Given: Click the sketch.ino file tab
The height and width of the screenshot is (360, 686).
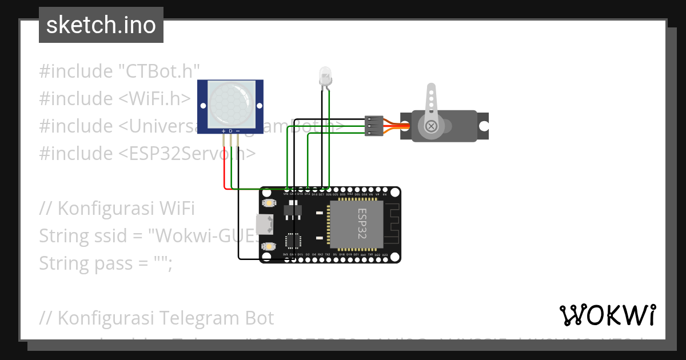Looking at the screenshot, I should point(101,25).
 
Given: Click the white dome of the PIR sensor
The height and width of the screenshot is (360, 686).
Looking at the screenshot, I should point(230,103).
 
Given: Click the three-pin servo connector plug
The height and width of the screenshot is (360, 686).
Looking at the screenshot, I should point(373,126).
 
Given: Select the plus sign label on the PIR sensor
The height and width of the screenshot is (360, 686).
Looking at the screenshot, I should point(224,131).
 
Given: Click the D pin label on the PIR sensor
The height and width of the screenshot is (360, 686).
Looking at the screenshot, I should point(230,131).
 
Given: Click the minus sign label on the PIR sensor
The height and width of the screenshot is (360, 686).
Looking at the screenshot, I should point(238,131).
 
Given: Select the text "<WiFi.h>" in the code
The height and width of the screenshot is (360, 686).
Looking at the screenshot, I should point(155,99).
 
